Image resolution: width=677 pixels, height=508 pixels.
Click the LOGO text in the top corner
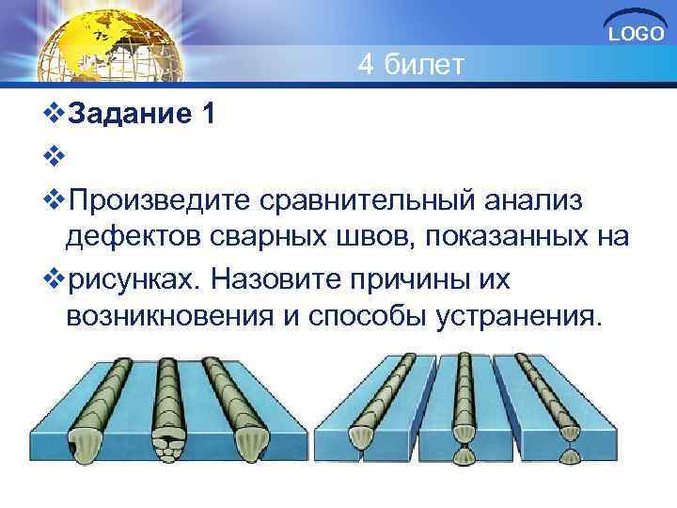point(636,35)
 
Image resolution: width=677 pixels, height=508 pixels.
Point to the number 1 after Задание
point(207,115)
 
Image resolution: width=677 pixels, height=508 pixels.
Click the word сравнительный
point(370,199)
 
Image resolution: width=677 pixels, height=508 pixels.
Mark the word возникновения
point(165,317)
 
